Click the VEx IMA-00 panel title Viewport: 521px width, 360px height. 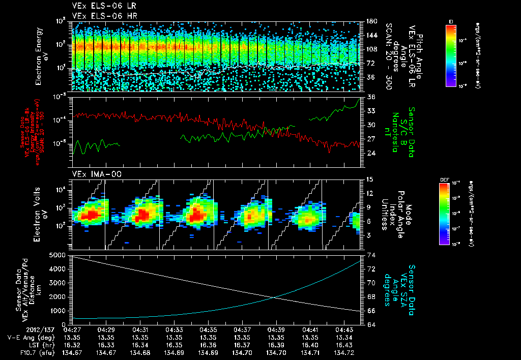[x=92, y=174]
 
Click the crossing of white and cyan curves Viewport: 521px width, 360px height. [x=275, y=297]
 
